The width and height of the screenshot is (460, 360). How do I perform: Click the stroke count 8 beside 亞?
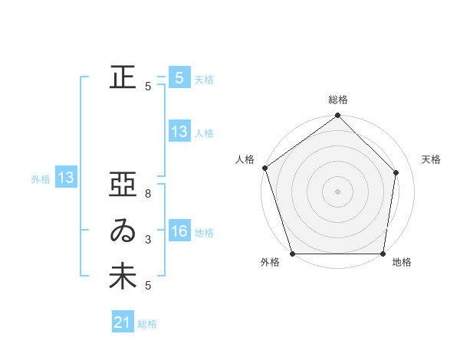pyautogui.click(x=148, y=195)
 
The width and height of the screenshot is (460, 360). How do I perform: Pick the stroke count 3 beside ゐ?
pyautogui.click(x=148, y=240)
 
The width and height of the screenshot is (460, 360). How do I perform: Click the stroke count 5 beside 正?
pyautogui.click(x=148, y=87)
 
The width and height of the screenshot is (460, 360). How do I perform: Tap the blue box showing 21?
pyautogui.click(x=123, y=322)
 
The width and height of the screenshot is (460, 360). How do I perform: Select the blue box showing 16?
pyautogui.click(x=179, y=232)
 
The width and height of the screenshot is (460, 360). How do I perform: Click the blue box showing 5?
pyautogui.click(x=179, y=78)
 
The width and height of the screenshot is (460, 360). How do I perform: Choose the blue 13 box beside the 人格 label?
pyautogui.click(x=179, y=132)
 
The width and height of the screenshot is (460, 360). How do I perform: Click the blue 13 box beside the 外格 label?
pyautogui.click(x=66, y=178)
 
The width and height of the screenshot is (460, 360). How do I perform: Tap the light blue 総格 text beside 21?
pyautogui.click(x=147, y=324)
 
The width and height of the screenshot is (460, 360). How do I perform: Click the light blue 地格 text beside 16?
pyautogui.click(x=204, y=233)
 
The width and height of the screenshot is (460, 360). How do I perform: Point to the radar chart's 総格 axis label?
pyautogui.click(x=338, y=100)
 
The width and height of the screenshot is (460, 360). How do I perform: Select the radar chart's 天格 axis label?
pyautogui.click(x=431, y=159)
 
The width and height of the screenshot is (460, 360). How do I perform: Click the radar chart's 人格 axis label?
pyautogui.click(x=245, y=159)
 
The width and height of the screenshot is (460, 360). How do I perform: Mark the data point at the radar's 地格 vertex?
pyautogui.click(x=383, y=254)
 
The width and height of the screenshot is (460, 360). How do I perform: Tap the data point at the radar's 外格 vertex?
pyautogui.click(x=293, y=254)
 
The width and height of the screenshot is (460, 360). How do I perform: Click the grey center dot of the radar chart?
pyautogui.click(x=338, y=191)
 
